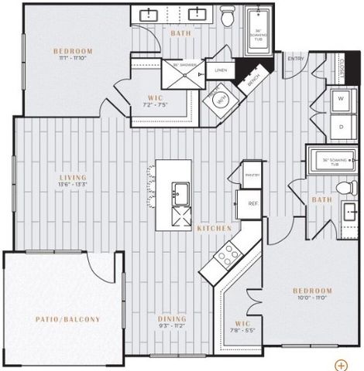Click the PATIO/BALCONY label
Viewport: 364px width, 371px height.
pos(67,318)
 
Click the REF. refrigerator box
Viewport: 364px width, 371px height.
pos(252,203)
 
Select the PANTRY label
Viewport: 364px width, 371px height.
pos(252,175)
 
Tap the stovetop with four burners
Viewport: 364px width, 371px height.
pos(228,255)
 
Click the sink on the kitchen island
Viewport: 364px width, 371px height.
pos(180,191)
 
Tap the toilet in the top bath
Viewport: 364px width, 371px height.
pos(227,15)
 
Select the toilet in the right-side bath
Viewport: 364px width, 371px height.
pos(345,188)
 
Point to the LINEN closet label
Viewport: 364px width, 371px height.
pos(221,70)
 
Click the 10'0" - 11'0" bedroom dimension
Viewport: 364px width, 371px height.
pos(311,298)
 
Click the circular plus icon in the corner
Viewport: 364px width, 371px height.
pos(341,362)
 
